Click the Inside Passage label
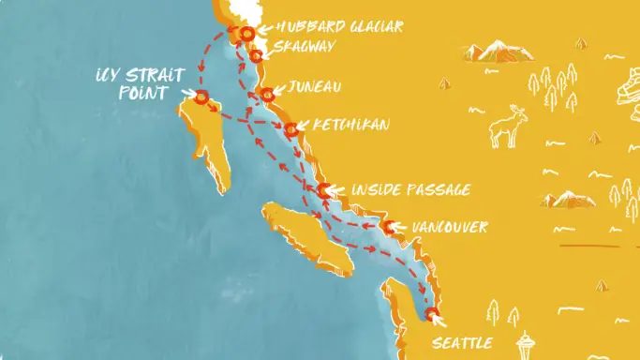(x=409, y=191)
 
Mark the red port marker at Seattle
(x=431, y=314)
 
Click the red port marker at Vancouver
(x=388, y=227)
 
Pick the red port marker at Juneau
(x=268, y=93)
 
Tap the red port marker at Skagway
(x=255, y=56)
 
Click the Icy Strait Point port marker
(x=200, y=97)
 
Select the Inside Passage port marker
(x=324, y=191)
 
